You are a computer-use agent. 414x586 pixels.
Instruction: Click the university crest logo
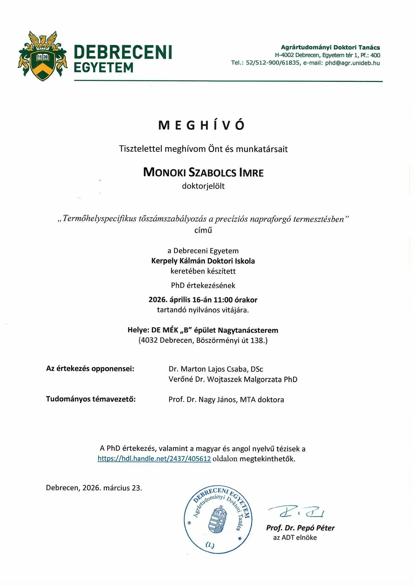pos(42,56)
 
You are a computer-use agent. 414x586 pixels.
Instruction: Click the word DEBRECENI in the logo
pos(123,52)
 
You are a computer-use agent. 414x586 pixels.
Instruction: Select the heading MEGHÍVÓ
pos(201,125)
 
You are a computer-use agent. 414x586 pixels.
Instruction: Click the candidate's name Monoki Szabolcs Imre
pos(203,172)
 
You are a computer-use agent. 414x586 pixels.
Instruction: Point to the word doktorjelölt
pos(203,186)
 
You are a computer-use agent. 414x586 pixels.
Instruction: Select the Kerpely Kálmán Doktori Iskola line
pos(203,261)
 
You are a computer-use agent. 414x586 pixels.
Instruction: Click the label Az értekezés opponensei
pos(90,368)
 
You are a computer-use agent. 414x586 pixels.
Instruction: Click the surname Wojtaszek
pos(224,379)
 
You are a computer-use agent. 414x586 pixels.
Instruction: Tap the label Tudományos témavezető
pos(91,399)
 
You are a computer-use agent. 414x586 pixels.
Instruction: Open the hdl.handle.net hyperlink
pos(154,459)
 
